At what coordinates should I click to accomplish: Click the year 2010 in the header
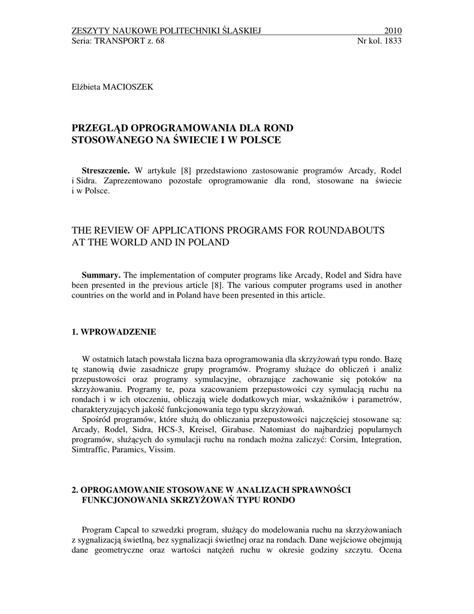[393, 31]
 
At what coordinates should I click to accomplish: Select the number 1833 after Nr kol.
[391, 41]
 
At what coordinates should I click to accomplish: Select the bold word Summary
[101, 275]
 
